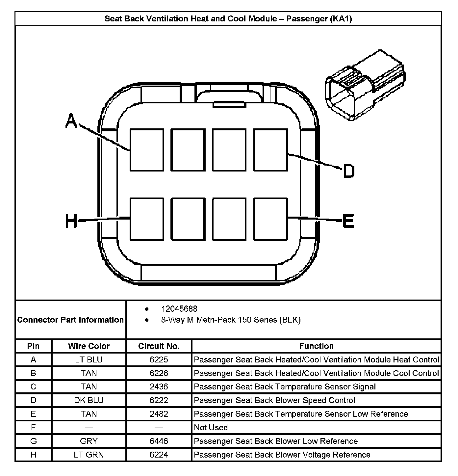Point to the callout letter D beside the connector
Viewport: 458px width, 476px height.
pos(348,171)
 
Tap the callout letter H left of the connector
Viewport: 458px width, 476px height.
pos(71,221)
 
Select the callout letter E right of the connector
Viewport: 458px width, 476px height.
pos(348,221)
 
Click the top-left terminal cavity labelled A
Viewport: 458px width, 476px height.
pos(147,150)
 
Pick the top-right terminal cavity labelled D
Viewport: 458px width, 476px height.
pos(270,150)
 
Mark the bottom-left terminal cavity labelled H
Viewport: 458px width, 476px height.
pos(147,219)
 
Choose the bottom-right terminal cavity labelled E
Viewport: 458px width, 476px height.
pos(270,219)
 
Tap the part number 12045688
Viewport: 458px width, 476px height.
pos(179,309)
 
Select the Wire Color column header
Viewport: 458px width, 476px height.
pos(89,346)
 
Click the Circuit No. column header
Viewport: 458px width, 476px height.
pos(159,346)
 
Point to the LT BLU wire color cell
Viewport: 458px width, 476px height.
pos(89,359)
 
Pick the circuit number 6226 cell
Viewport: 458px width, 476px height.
pos(159,373)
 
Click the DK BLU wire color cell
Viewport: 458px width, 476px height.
pos(89,400)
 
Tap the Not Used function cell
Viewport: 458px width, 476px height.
pos(211,427)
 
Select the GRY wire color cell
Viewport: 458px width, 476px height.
pos(89,441)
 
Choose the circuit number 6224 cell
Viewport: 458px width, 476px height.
pos(159,455)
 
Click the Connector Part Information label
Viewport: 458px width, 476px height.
pos(70,320)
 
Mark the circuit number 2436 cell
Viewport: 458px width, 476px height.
pos(159,387)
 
